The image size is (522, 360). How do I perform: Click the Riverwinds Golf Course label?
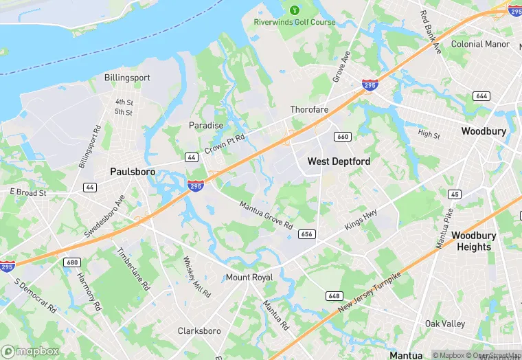point(295,22)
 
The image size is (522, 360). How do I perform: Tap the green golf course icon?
point(295,10)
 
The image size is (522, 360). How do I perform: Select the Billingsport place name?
point(127,78)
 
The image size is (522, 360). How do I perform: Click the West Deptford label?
point(339,161)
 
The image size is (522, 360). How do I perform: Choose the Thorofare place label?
point(309,110)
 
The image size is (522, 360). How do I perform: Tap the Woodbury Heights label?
point(473,241)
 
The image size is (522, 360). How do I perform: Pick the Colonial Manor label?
point(480,44)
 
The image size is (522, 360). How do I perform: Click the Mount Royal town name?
point(249,278)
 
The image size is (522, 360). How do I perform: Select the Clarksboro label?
point(199,331)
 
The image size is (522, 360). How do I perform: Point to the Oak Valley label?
point(444,324)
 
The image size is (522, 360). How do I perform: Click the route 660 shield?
point(343,137)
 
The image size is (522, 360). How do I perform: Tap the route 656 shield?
point(307,234)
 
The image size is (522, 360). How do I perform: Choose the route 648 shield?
point(334,295)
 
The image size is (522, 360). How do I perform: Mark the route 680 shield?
point(71,262)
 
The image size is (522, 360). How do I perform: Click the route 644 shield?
point(481,96)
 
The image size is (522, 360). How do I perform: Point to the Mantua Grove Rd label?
point(266,215)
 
